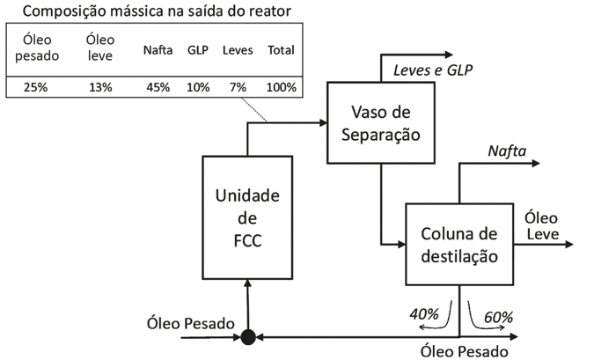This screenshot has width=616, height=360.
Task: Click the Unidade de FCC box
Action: (248, 217)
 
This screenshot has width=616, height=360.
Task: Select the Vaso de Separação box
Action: (380, 123)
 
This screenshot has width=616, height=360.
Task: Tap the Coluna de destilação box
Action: (458, 244)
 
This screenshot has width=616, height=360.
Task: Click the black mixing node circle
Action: (248, 335)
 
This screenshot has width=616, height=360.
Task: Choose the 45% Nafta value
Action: (158, 87)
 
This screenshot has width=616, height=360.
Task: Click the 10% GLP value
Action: (199, 87)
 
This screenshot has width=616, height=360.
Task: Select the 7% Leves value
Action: (236, 87)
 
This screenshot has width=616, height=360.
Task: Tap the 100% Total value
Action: (279, 87)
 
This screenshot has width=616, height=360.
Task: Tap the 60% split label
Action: (497, 316)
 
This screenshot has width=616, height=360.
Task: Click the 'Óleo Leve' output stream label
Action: (542, 224)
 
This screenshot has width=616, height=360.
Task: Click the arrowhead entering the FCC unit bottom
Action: (248, 285)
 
